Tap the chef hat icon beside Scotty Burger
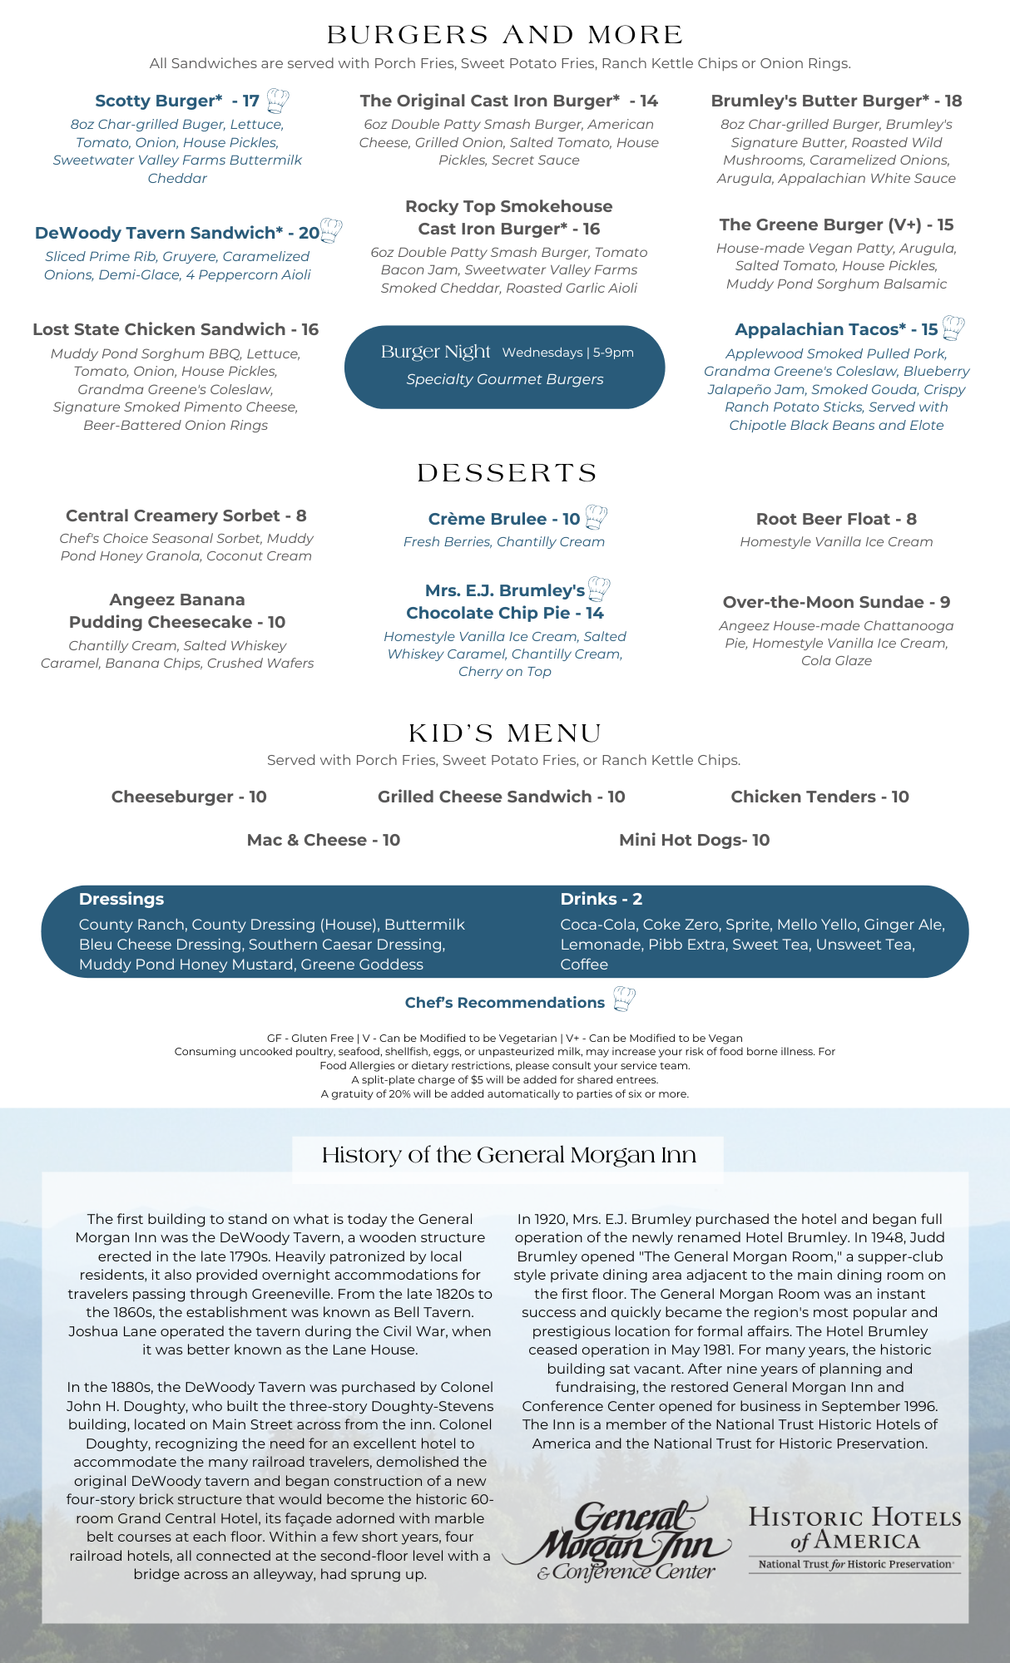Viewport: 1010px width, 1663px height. point(278,101)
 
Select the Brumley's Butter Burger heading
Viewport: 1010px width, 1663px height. point(836,101)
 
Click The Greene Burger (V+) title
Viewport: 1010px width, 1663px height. point(836,225)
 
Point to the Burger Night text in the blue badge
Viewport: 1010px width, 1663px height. point(436,352)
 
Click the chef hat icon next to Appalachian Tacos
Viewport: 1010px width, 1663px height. point(953,328)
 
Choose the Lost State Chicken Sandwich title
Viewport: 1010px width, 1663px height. point(176,329)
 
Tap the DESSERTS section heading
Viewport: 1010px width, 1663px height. point(507,473)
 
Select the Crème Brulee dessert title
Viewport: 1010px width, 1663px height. point(503,519)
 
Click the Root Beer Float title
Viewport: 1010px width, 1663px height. point(836,519)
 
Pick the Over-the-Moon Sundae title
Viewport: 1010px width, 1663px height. point(836,602)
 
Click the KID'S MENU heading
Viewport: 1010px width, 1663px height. point(505,733)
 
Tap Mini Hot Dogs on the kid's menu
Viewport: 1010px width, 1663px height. point(694,840)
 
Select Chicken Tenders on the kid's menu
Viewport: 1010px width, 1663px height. point(819,797)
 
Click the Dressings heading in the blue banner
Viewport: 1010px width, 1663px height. point(121,899)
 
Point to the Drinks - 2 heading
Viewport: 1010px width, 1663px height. point(601,899)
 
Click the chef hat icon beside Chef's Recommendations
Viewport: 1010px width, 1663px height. point(624,999)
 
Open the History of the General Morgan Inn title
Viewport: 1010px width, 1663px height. point(508,1155)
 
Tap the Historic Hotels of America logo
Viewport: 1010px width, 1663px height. point(854,1539)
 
